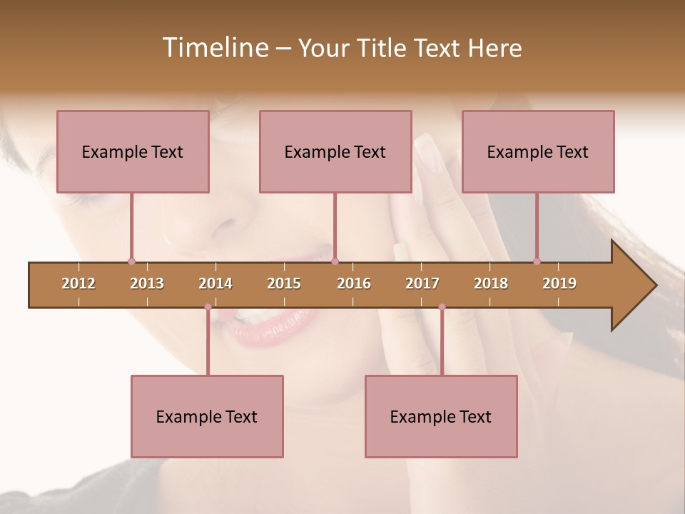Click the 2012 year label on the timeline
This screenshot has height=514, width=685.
pos(78,283)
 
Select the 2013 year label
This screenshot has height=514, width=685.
pos(147,283)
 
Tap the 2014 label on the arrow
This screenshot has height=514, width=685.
pos(215,283)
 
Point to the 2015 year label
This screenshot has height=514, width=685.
pos(284,283)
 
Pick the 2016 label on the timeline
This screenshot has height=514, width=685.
pos(354,283)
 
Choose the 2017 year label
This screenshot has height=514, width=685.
pos(422,283)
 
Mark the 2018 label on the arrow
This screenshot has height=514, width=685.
pos(491,283)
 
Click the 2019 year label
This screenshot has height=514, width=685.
pos(559,283)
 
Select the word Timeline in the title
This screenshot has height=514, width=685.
pos(214,48)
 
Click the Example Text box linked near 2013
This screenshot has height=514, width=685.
pos(133,151)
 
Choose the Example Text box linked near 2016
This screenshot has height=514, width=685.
pos(335,151)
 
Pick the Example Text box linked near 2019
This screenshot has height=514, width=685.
pos(538,151)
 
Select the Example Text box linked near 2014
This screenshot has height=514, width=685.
pos(207,416)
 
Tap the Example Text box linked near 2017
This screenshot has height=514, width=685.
pos(441,416)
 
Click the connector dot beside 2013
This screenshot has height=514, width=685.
pos(131,261)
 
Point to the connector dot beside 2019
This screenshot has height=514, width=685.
pos(537,261)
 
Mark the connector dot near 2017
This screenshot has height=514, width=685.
pos(442,307)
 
